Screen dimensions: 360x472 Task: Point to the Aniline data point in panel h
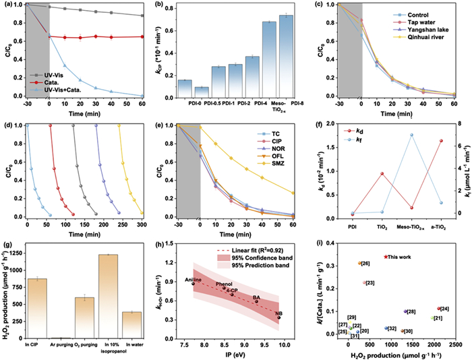click(x=193, y=283)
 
